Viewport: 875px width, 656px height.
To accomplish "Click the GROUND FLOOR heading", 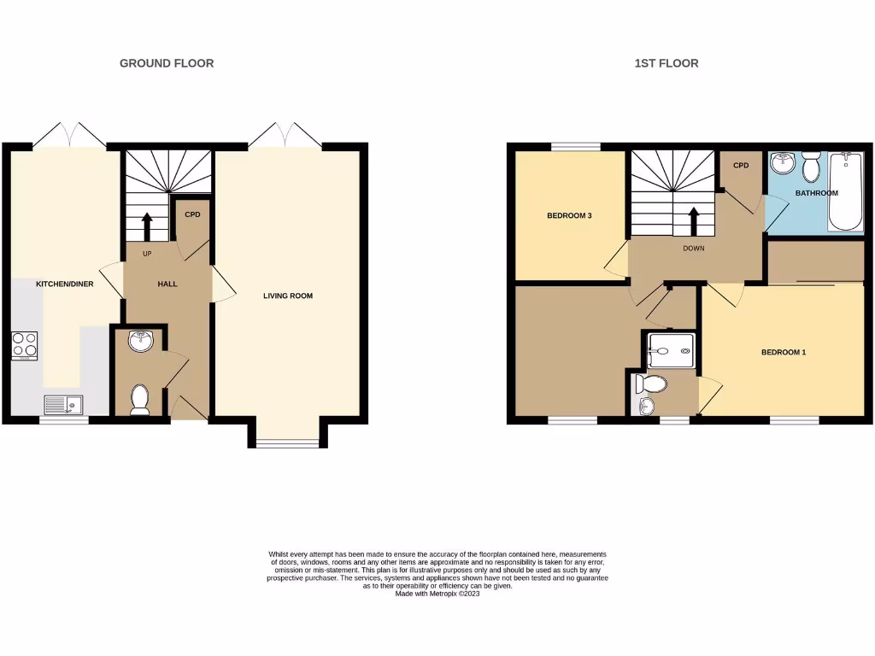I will (167, 63).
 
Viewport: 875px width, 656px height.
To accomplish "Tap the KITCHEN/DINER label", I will (64, 284).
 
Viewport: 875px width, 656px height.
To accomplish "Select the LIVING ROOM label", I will (288, 296).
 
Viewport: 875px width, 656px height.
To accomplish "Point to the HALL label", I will (167, 284).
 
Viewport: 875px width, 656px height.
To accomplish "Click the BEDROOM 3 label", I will (570, 216).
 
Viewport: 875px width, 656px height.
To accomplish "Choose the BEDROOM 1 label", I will (784, 352).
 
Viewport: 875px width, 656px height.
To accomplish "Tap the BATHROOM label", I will (817, 193).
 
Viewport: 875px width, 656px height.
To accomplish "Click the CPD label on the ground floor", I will (192, 214).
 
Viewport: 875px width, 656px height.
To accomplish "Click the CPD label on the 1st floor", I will (740, 166).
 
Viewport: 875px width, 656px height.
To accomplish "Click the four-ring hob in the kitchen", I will (24, 343).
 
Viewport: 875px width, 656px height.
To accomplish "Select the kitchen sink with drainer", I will (64, 404).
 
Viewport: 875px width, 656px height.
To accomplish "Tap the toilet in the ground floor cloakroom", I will (140, 399).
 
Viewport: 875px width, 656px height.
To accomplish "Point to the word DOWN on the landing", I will (694, 250).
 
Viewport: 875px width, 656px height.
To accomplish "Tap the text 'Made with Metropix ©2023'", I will (437, 594).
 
